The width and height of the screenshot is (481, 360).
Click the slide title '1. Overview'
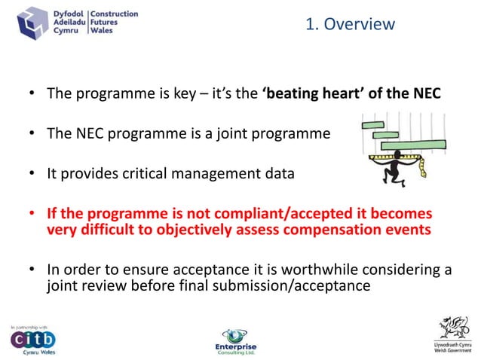[x=350, y=24]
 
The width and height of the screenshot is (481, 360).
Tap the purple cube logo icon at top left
[x=32, y=23]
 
